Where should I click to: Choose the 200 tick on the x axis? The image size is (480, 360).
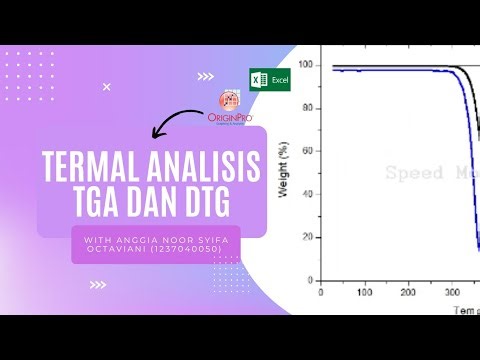pyautogui.click(x=407, y=292)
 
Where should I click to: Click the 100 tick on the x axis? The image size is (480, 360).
pyautogui.click(x=363, y=292)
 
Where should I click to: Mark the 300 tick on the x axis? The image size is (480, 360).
pyautogui.click(x=450, y=292)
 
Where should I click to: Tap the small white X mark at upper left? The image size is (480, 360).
pyautogui.click(x=106, y=87)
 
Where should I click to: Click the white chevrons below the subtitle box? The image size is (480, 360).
pyautogui.click(x=98, y=284)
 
